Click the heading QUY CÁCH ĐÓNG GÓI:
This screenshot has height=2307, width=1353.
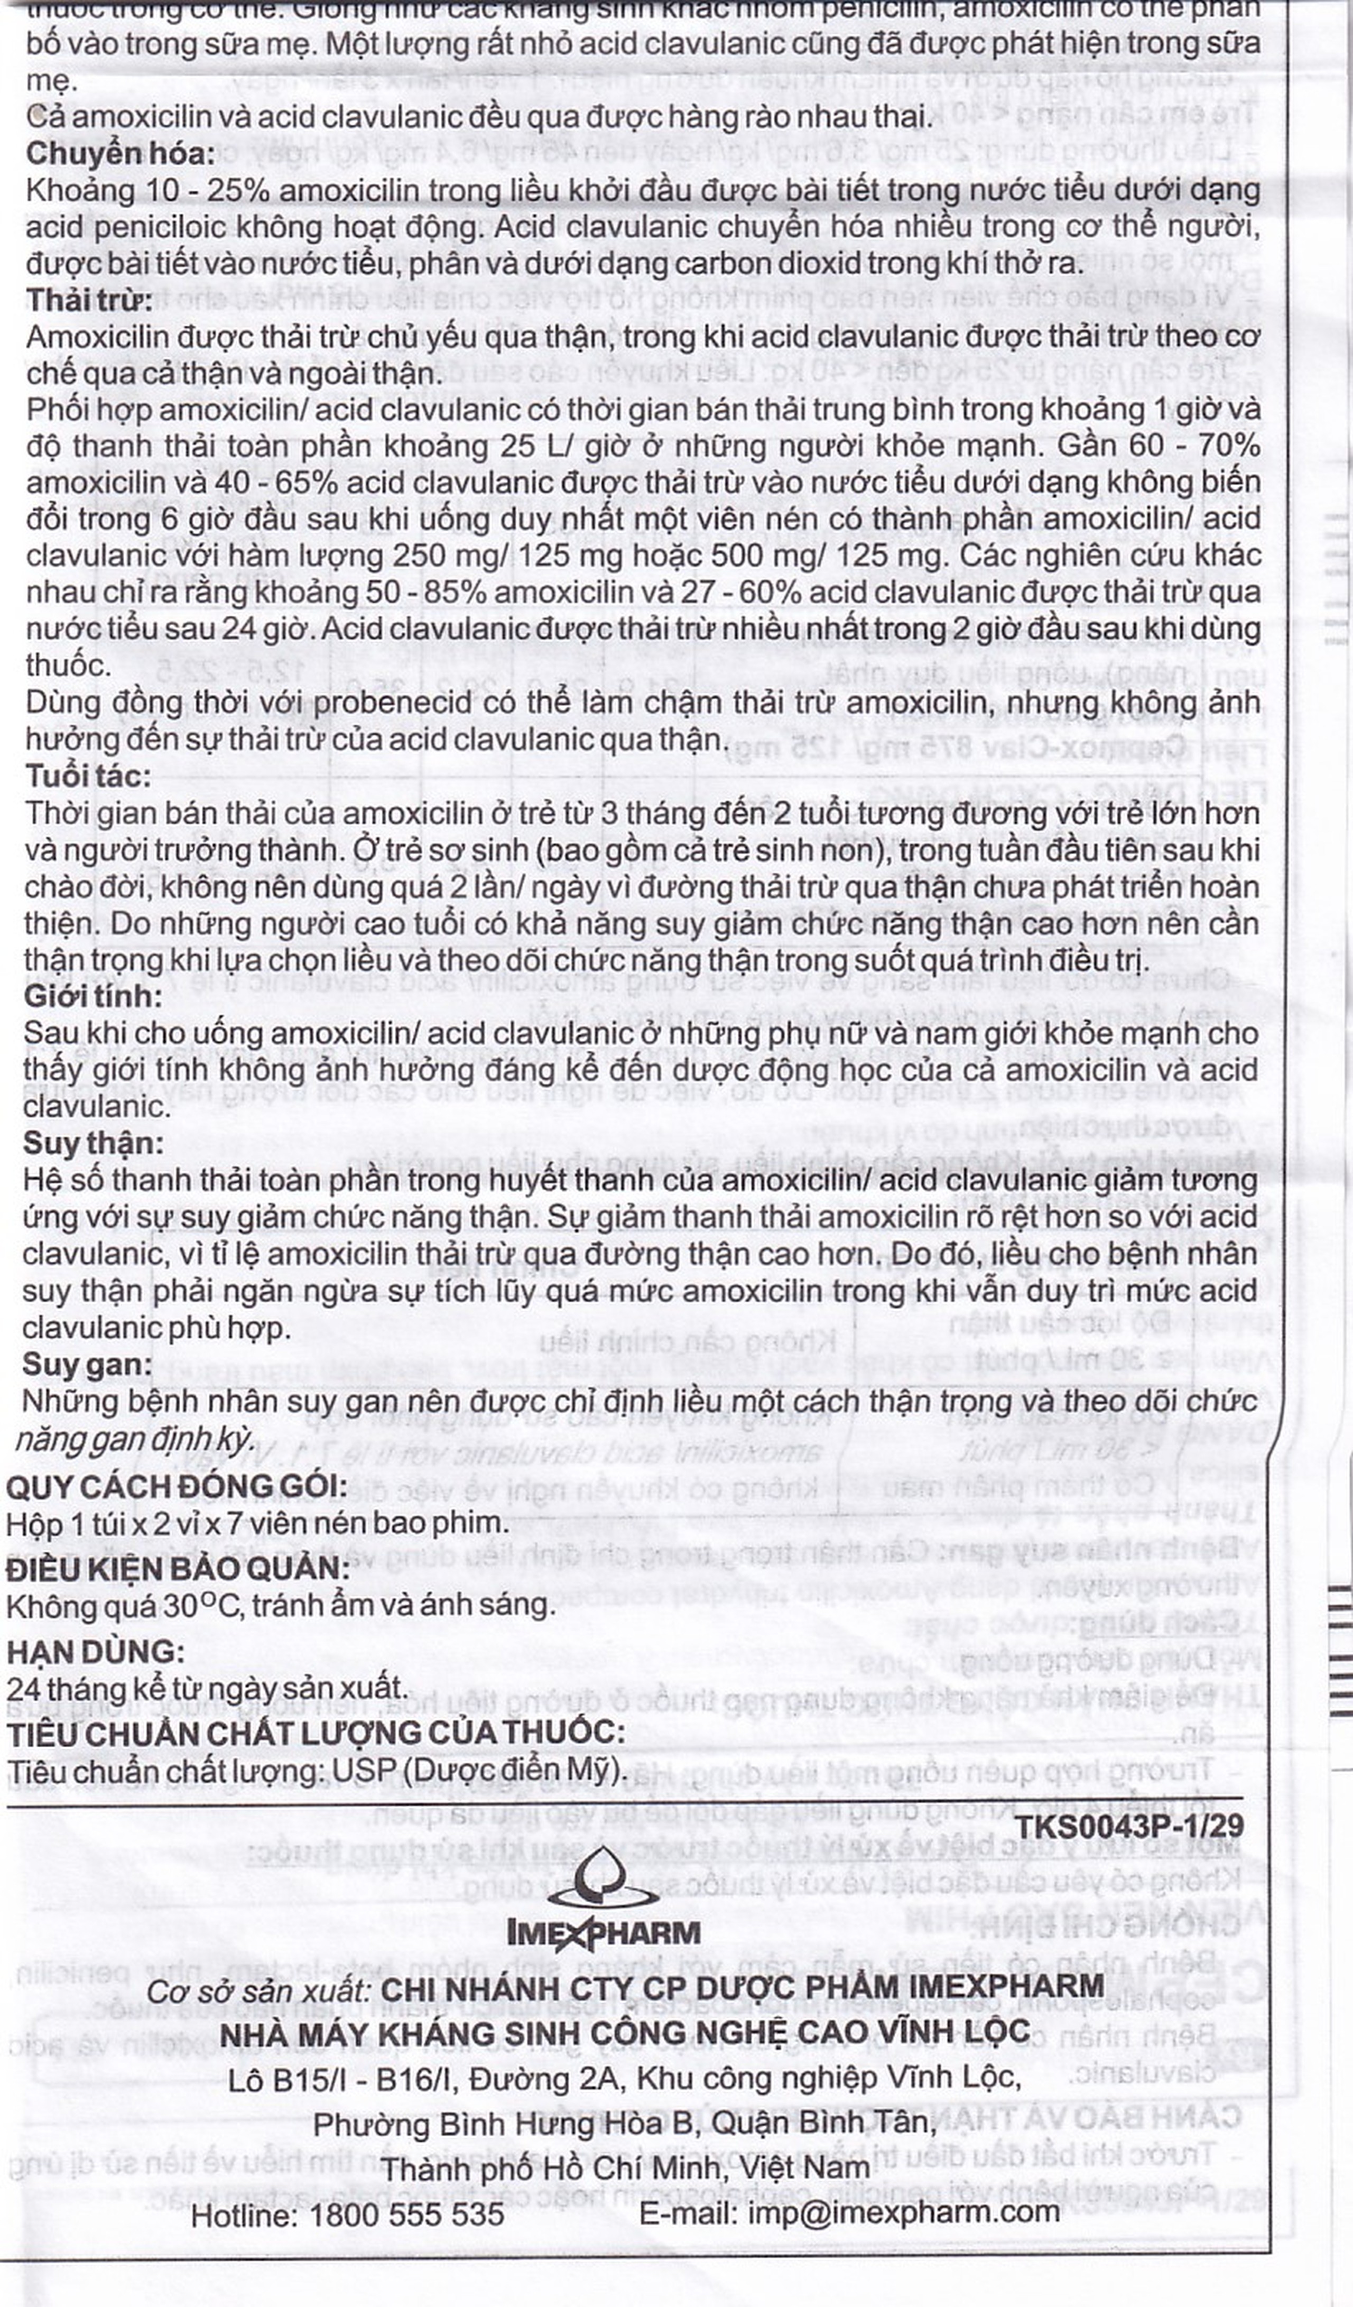pyautogui.click(x=176, y=1486)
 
